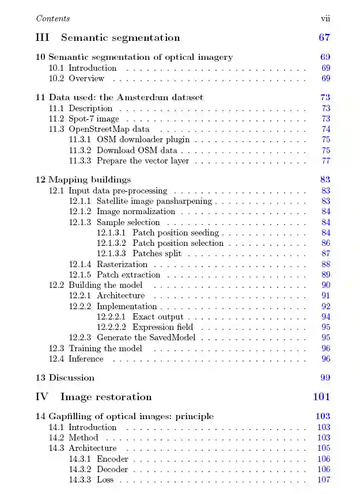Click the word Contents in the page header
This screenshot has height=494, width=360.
click(53, 18)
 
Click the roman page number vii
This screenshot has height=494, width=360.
click(325, 18)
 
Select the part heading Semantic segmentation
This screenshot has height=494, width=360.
click(120, 38)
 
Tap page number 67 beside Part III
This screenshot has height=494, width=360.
click(324, 38)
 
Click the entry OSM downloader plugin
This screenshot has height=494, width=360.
click(143, 139)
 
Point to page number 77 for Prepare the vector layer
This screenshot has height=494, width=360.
click(326, 161)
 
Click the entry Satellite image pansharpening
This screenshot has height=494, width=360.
click(154, 202)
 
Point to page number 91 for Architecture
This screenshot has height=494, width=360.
click(326, 296)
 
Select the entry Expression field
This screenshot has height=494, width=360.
click(162, 327)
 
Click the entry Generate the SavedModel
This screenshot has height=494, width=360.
click(146, 337)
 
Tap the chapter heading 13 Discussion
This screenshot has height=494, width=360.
click(65, 378)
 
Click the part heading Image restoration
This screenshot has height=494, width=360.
click(106, 397)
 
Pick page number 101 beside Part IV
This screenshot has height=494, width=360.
click(321, 397)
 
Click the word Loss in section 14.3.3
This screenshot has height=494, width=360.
click(105, 480)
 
